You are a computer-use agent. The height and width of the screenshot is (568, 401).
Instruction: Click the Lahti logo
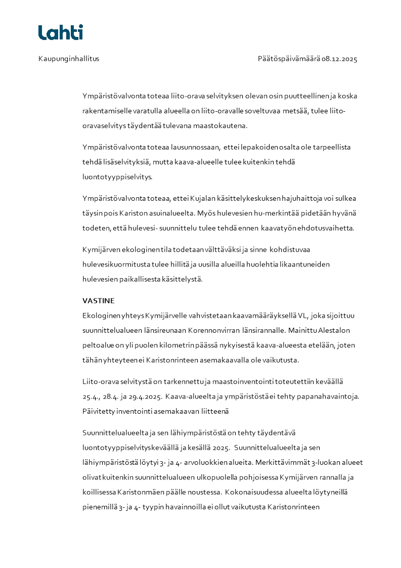[60, 32]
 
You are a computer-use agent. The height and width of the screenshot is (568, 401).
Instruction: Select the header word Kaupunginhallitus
[69, 59]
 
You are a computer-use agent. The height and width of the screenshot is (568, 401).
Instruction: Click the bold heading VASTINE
[99, 301]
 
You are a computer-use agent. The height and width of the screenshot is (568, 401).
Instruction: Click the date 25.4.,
[92, 396]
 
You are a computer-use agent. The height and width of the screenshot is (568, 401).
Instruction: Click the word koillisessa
[99, 492]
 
